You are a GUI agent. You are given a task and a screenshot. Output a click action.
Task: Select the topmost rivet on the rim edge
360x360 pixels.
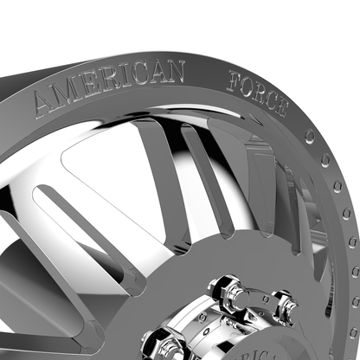click(310, 136)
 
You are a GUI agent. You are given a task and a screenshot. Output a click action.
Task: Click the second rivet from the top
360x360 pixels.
click(325, 160)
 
